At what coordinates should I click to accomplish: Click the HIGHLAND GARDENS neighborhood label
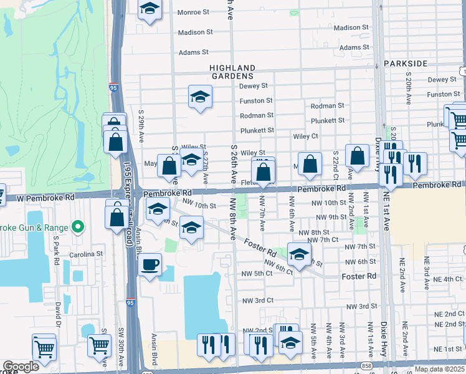coord(232,72)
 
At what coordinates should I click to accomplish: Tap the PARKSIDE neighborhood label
coord(406,64)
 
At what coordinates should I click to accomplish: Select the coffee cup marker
coord(150,264)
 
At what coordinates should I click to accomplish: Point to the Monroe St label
coord(193,12)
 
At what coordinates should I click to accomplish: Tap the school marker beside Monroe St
coord(150,9)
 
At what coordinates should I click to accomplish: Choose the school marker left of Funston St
coord(200,97)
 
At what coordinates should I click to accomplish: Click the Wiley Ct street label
coord(305,136)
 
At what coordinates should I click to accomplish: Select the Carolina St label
coord(87,254)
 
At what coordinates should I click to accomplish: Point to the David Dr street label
coord(58,317)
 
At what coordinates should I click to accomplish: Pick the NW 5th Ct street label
coord(257,274)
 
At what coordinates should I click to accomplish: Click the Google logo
coord(21,367)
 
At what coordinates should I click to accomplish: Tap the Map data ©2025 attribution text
coord(439,369)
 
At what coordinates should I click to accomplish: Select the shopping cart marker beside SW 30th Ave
coord(100,346)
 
